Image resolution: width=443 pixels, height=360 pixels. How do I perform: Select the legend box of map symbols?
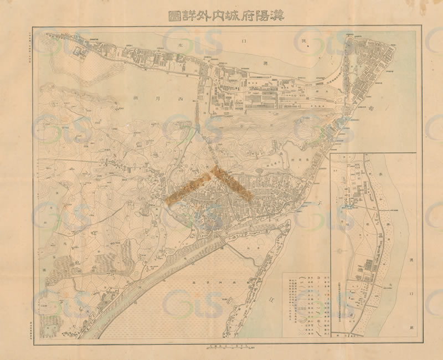[x=306, y=304]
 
